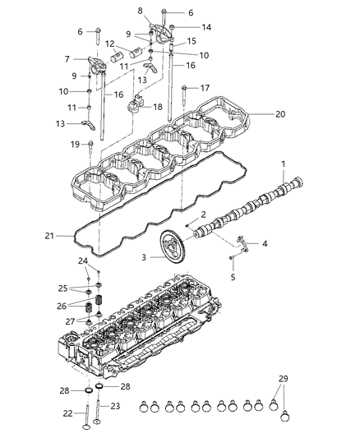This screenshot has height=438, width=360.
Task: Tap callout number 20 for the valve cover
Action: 281,114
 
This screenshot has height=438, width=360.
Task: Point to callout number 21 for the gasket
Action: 48,237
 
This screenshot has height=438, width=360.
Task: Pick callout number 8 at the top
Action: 140,9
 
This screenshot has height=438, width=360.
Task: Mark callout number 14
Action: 206,27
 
